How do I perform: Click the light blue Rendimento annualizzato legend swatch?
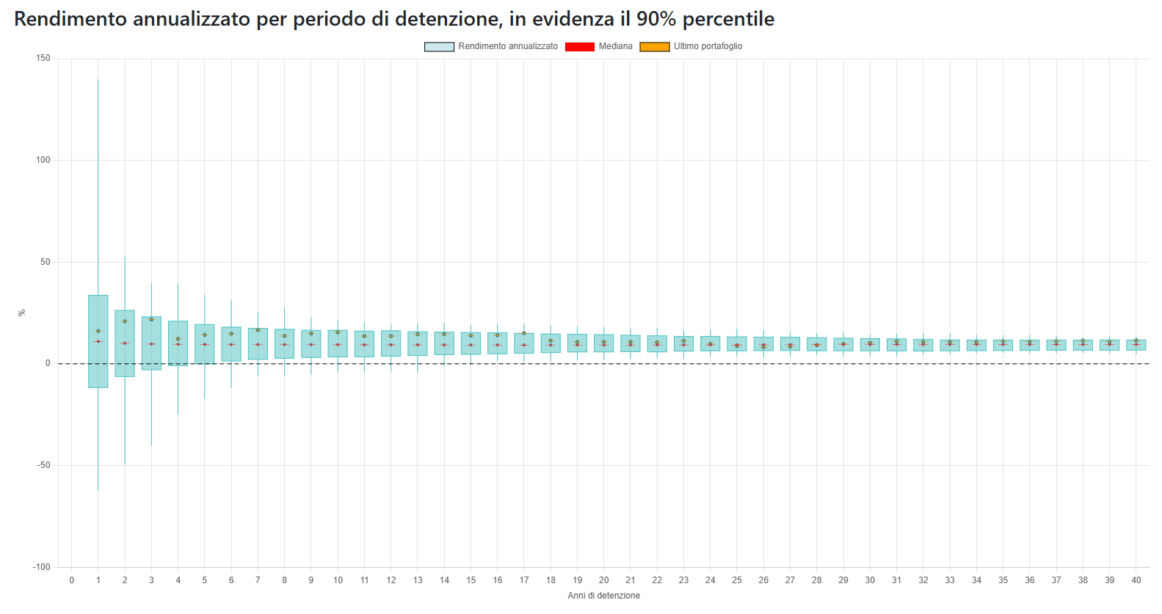pyautogui.click(x=439, y=47)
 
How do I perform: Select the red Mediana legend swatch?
pyautogui.click(x=579, y=47)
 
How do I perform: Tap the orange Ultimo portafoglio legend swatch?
pyautogui.click(x=655, y=47)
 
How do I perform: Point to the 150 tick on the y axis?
pyautogui.click(x=43, y=58)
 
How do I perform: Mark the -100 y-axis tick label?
pyautogui.click(x=41, y=567)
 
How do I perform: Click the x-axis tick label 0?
pyautogui.click(x=71, y=580)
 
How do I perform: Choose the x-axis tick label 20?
pyautogui.click(x=603, y=580)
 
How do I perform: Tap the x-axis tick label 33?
pyautogui.click(x=950, y=580)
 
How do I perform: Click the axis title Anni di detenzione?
pyautogui.click(x=603, y=596)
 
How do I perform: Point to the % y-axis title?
pyautogui.click(x=22, y=313)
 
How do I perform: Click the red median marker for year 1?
pyautogui.click(x=98, y=341)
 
